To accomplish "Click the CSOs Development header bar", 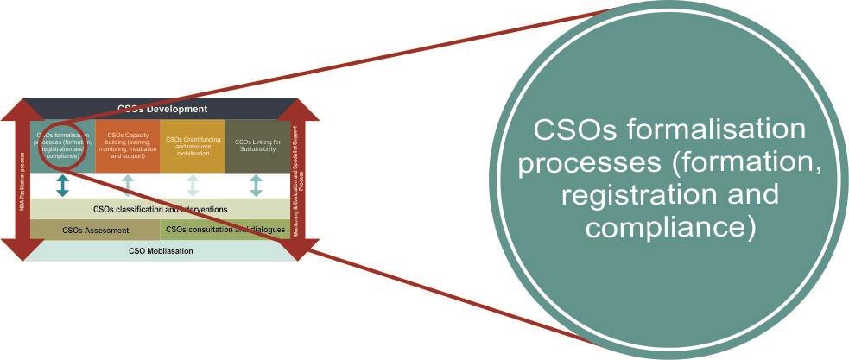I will [x=162, y=109].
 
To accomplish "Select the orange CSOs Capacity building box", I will [x=127, y=145].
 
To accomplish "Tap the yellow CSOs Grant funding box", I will [x=192, y=145].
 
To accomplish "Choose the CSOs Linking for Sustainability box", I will [x=256, y=145].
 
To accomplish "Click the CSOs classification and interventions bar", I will [x=160, y=209].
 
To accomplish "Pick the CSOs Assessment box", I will [x=95, y=230].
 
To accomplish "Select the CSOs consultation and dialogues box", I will [x=225, y=230].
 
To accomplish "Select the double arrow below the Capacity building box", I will [x=127, y=186].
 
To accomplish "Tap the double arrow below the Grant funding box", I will [x=192, y=186].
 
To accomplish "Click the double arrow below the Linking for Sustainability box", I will [x=256, y=186].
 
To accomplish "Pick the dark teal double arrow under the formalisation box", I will [x=62, y=186].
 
